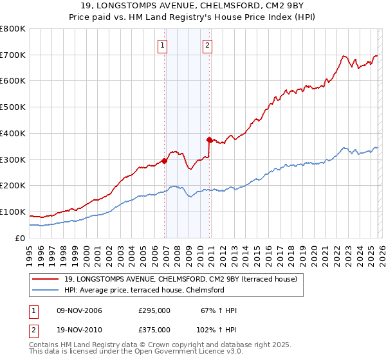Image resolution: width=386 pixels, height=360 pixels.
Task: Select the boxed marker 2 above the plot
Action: pos(207,45)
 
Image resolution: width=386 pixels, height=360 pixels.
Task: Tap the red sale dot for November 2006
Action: pos(165,161)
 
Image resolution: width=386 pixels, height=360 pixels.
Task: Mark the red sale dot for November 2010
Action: pos(210,139)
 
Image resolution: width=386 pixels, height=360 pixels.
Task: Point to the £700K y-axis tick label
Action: pos(13,55)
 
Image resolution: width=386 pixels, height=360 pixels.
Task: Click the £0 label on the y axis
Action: pos(21,238)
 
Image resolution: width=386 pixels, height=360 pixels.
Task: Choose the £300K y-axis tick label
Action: pos(13,159)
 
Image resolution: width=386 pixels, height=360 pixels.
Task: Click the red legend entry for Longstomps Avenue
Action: pos(180,280)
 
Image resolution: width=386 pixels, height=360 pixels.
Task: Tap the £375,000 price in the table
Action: pos(154,330)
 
